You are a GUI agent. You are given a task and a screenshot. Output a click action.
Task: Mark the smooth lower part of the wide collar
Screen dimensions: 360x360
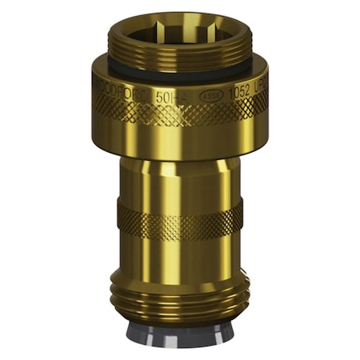click(x=180, y=140)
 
